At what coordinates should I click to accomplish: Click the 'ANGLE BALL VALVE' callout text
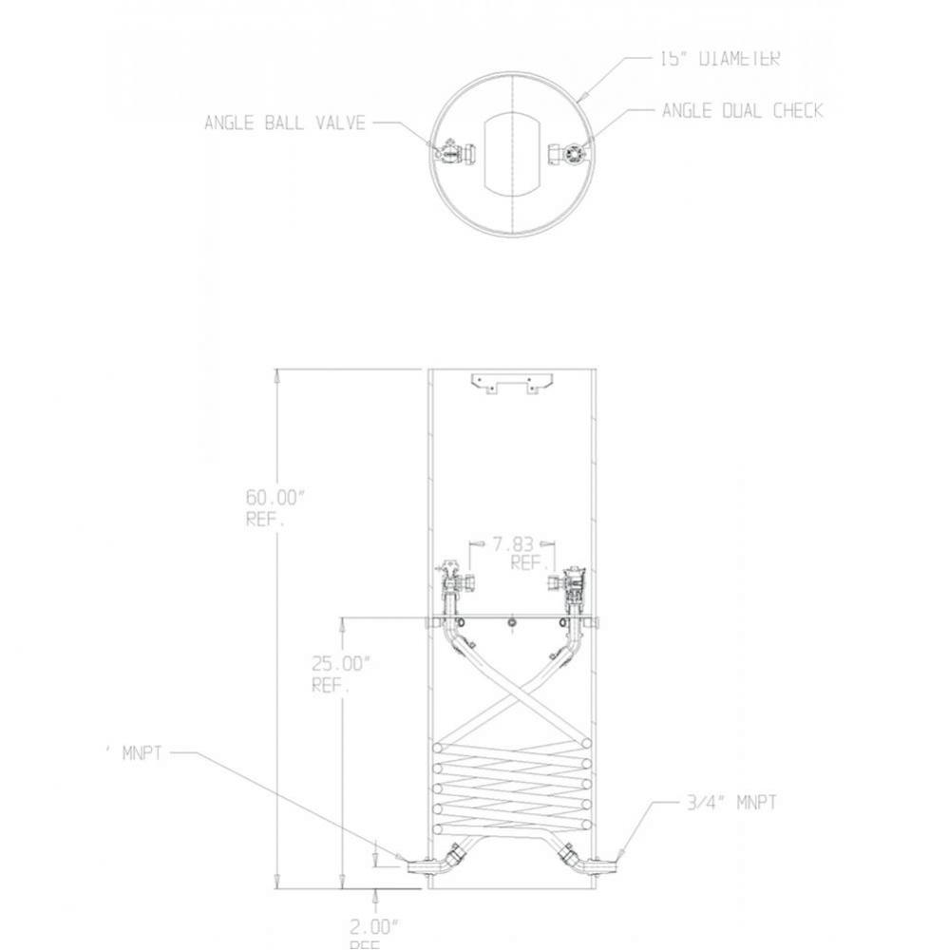pos(285,123)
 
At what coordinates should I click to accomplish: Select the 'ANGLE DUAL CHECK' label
pos(742,111)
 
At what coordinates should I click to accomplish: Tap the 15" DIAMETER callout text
pos(719,59)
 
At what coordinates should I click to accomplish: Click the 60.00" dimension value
pos(275,498)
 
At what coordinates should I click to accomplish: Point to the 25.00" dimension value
pos(340,663)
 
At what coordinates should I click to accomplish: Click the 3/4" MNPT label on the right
pos(731,803)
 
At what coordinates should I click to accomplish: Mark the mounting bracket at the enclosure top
pos(512,383)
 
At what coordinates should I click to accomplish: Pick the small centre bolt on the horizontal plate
pos(512,623)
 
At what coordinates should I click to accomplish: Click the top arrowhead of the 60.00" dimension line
pos(276,374)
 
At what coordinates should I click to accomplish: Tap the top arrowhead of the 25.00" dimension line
pos(342,622)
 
